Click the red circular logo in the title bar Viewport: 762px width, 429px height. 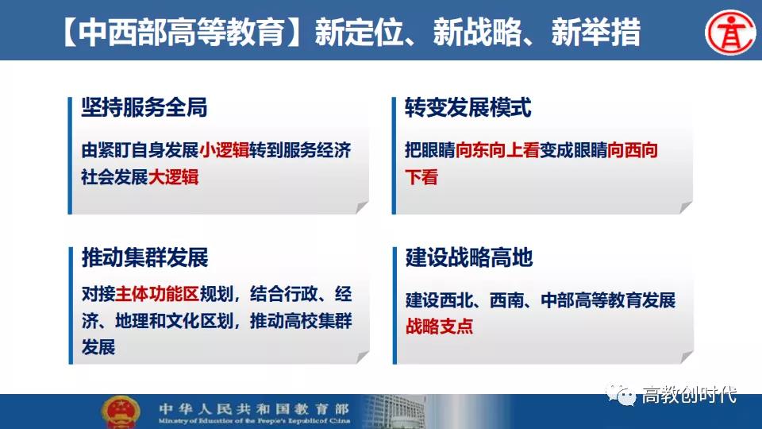(730, 33)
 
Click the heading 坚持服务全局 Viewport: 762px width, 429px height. (144, 107)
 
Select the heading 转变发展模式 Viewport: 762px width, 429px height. (468, 107)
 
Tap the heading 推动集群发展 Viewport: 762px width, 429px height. (144, 257)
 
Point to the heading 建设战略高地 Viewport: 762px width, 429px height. (469, 257)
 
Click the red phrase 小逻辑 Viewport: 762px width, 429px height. (224, 150)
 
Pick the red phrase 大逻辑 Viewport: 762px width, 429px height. (174, 177)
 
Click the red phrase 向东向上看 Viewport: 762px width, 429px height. (497, 150)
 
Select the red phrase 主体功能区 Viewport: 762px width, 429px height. (157, 294)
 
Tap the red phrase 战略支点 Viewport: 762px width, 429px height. (439, 327)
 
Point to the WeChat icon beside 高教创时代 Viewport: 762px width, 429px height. (621, 395)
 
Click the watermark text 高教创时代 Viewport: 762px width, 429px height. (689, 395)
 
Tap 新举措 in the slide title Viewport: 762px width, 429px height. (596, 33)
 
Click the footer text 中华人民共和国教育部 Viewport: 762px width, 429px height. (254, 408)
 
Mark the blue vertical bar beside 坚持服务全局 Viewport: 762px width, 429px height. (70, 156)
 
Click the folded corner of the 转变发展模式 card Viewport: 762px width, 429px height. (686, 207)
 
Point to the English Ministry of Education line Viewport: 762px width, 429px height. (254, 421)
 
